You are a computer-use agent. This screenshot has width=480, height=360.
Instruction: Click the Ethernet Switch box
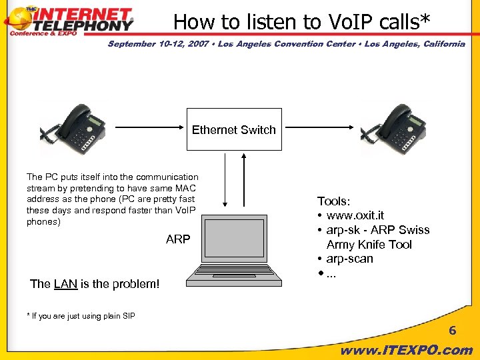click(x=233, y=129)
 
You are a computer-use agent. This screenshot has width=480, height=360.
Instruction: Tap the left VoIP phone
click(x=75, y=128)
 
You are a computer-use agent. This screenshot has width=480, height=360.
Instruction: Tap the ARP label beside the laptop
click(x=178, y=239)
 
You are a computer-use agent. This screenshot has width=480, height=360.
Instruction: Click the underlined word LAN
click(x=65, y=284)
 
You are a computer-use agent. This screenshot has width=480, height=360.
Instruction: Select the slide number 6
click(x=452, y=331)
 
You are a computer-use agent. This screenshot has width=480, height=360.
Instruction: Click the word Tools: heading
click(x=334, y=201)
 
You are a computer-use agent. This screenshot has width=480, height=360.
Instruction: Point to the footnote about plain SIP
click(x=81, y=315)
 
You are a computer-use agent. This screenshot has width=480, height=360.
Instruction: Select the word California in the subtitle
click(x=439, y=44)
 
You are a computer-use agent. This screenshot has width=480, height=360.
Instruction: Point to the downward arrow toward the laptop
click(x=227, y=181)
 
